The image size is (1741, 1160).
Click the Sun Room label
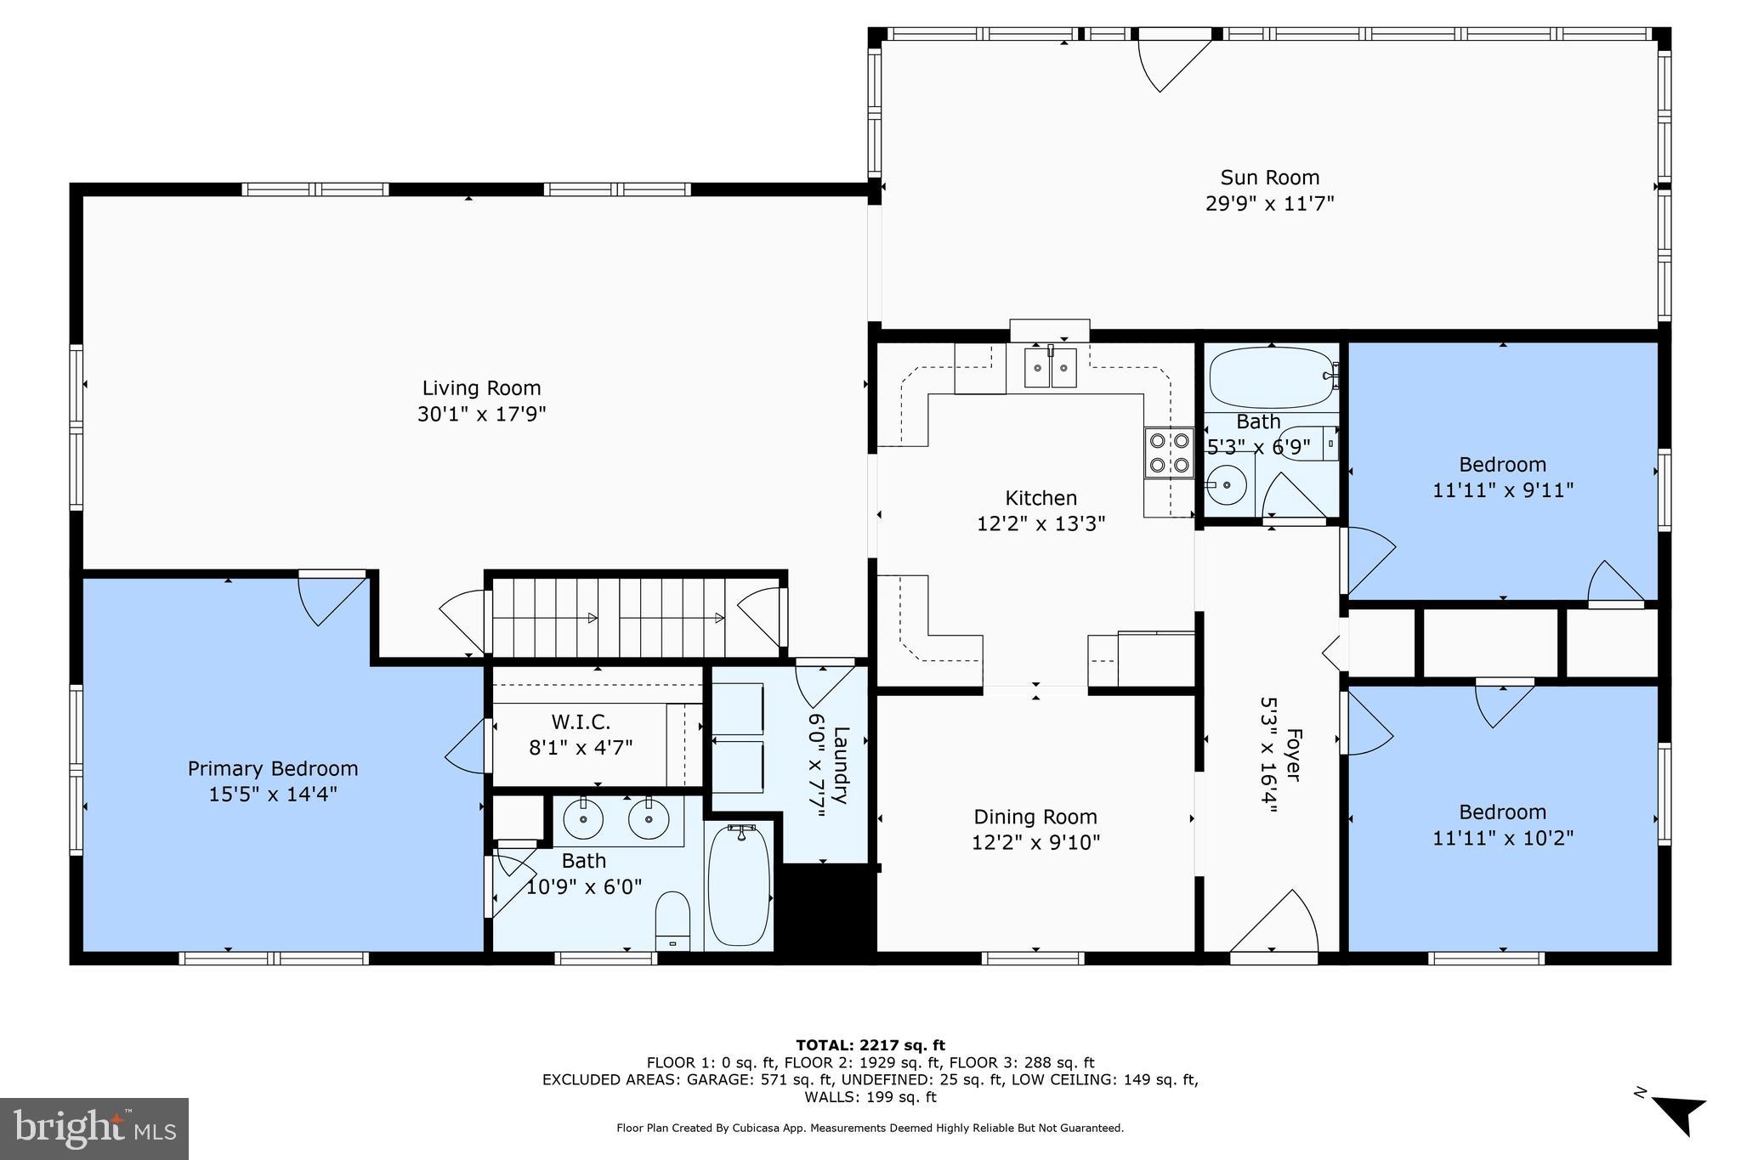point(1269,178)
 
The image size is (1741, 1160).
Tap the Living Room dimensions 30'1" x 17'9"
point(481,415)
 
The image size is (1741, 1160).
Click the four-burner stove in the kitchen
point(1169,453)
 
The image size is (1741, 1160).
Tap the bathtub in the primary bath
point(739,885)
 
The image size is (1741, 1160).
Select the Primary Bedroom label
point(273,768)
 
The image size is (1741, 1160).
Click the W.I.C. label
point(581,722)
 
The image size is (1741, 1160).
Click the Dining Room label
point(1035,817)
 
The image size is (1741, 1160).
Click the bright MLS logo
point(94,1129)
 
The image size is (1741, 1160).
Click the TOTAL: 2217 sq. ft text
point(870,1045)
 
